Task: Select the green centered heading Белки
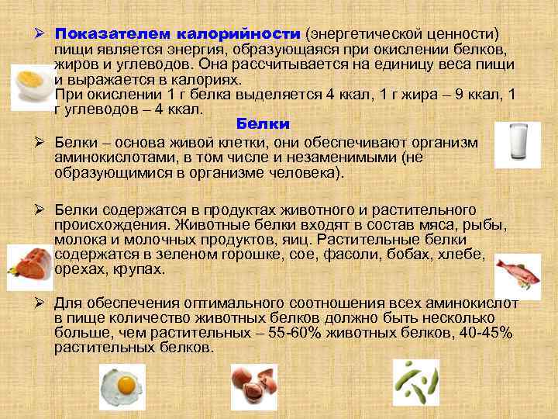(x=263, y=124)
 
